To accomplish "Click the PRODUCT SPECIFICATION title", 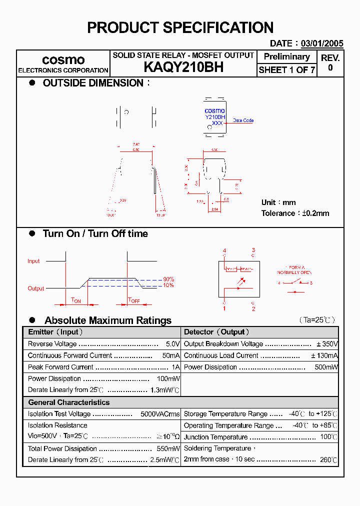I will [180, 27].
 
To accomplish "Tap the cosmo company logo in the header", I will [63, 59].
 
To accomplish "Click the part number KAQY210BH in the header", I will [183, 67].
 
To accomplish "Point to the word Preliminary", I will [286, 56].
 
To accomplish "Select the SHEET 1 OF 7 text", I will [286, 70].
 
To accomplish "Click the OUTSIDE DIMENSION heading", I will [93, 83].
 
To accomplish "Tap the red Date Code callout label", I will [243, 120].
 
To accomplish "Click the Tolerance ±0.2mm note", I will [295, 213].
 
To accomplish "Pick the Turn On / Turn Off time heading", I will [95, 233].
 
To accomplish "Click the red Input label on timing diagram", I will [33, 261].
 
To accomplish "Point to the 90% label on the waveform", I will [168, 279].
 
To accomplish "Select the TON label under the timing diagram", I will [76, 300].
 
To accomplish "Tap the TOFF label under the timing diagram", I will [133, 300].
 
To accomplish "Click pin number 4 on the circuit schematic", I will [224, 250].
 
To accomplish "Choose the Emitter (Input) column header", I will [55, 332].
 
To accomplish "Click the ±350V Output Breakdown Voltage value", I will [327, 344].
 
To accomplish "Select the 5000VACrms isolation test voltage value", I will [160, 414].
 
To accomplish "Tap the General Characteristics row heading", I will [68, 402].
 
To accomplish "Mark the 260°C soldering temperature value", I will [328, 459].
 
